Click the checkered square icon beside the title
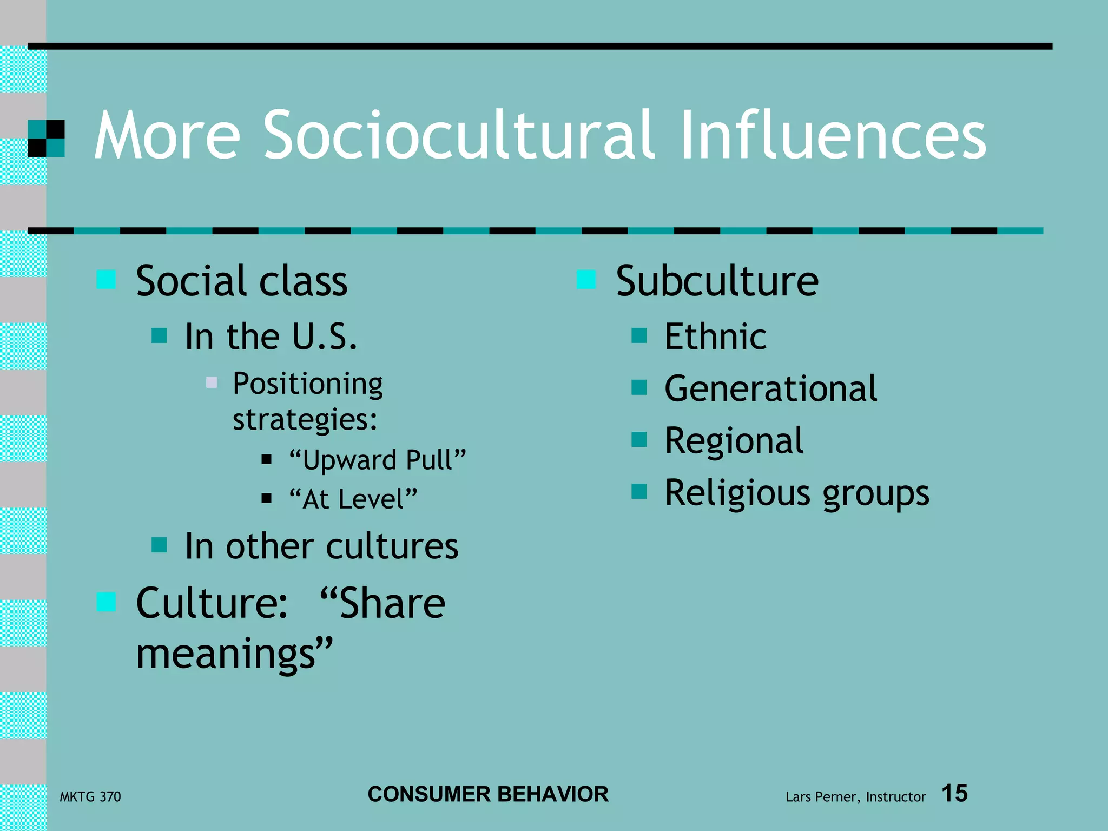click(x=46, y=138)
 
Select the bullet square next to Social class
click(x=106, y=280)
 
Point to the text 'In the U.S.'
click(x=271, y=337)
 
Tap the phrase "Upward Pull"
click(x=377, y=460)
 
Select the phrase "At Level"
click(x=353, y=499)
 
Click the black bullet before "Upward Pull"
click(x=266, y=460)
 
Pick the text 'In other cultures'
click(x=321, y=546)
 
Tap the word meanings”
click(x=234, y=654)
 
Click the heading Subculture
click(x=717, y=281)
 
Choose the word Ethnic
click(x=715, y=337)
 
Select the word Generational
click(x=770, y=388)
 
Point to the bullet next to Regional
click(x=639, y=440)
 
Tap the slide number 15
click(x=954, y=794)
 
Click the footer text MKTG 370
click(x=90, y=797)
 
